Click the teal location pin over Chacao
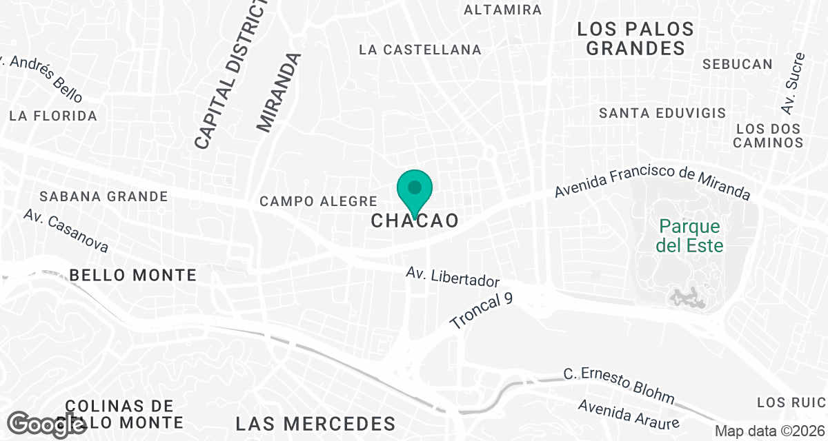click(415, 189)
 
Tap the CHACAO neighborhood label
click(415, 221)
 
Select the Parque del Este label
click(689, 236)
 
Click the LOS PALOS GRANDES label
click(635, 39)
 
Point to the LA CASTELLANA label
click(420, 50)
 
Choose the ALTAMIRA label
click(502, 10)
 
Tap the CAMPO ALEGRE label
click(318, 201)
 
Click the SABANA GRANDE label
click(103, 196)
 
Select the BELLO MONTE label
click(133, 276)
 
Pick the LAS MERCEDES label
click(315, 422)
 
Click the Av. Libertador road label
click(452, 277)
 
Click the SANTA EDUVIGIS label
click(662, 112)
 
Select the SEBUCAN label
click(737, 64)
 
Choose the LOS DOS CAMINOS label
click(768, 136)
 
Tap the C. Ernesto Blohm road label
click(618, 384)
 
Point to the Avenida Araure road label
click(629, 415)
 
